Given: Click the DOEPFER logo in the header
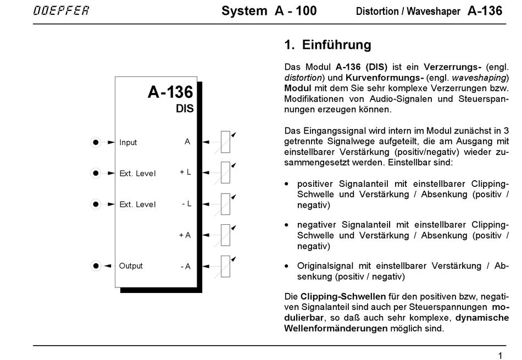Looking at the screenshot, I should (x=60, y=10).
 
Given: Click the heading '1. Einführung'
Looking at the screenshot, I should (x=328, y=45).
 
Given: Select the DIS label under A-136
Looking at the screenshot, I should (x=185, y=109).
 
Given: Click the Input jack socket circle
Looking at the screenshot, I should (x=96, y=142).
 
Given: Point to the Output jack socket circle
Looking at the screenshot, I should (x=96, y=266).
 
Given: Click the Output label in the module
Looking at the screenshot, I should (x=131, y=266).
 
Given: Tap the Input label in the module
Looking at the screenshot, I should (x=128, y=142).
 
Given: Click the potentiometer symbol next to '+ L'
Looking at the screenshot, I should (x=225, y=173).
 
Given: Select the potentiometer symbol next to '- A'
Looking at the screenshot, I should (x=225, y=266).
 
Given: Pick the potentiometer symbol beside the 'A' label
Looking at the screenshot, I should (x=225, y=142).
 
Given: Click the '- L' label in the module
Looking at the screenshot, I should (x=186, y=204).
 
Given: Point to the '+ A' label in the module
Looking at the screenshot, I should (x=185, y=235).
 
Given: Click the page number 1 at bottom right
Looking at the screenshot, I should (x=500, y=355).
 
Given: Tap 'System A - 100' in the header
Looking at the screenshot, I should (x=269, y=11).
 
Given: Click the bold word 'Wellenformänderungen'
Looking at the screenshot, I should (x=336, y=328).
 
